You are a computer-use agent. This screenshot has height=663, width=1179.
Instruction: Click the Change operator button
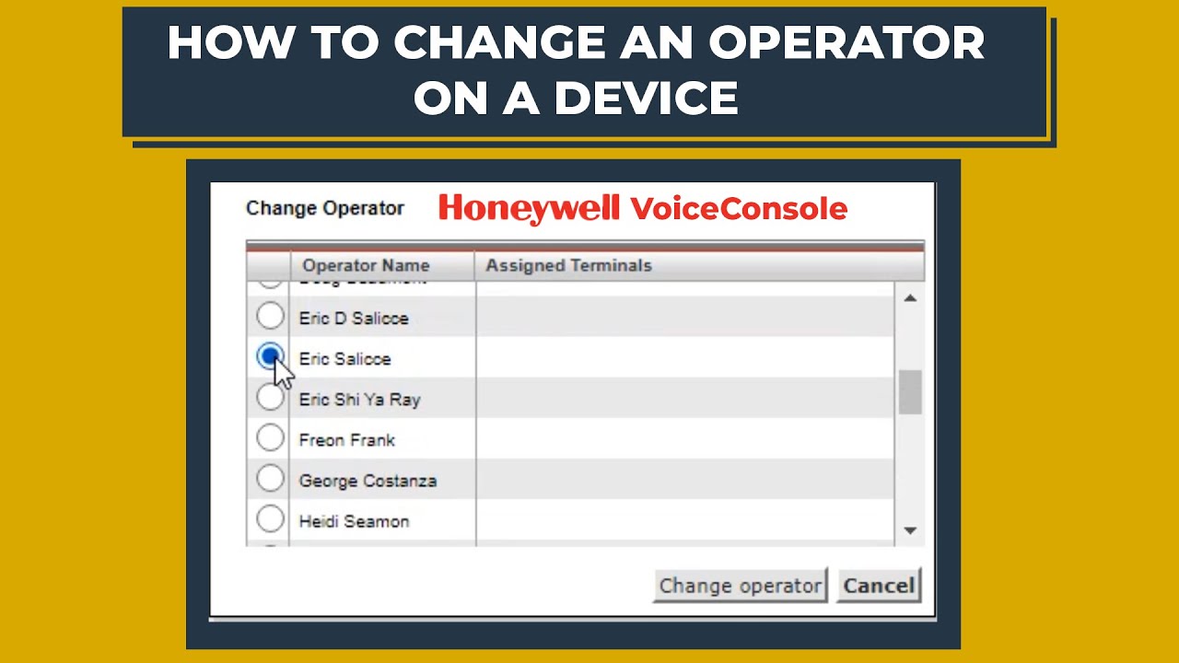tap(740, 586)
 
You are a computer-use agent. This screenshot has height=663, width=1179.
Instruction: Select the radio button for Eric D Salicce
tap(270, 317)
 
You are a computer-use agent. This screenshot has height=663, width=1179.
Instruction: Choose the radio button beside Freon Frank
tap(270, 438)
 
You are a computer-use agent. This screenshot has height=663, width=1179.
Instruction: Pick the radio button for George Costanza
tap(270, 479)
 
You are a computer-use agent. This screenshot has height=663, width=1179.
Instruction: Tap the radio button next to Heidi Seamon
tap(270, 519)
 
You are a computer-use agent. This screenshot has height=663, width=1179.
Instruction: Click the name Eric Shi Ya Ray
tap(359, 400)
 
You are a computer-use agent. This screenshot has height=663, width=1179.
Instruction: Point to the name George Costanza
tap(368, 481)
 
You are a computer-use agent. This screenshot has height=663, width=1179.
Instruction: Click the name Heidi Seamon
tap(354, 521)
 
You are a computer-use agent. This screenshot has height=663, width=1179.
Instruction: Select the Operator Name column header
tap(366, 265)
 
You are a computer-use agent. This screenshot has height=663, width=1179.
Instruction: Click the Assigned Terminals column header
tap(568, 265)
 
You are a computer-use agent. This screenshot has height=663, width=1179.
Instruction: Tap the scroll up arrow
tap(910, 298)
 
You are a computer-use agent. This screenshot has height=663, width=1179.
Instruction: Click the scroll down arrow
tap(910, 530)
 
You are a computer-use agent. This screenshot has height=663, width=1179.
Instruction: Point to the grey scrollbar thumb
tap(910, 391)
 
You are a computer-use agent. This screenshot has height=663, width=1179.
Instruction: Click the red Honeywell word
tap(529, 209)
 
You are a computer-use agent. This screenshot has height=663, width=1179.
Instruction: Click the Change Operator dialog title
tap(325, 208)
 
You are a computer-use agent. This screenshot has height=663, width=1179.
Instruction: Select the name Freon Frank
tap(346, 440)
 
